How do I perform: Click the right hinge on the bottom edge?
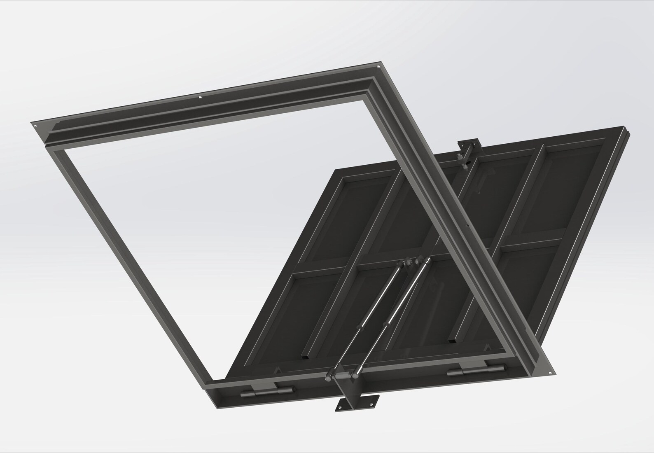click(476, 370)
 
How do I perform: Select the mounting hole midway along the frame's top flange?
click(200, 98)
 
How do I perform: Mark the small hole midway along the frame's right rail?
click(466, 226)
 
